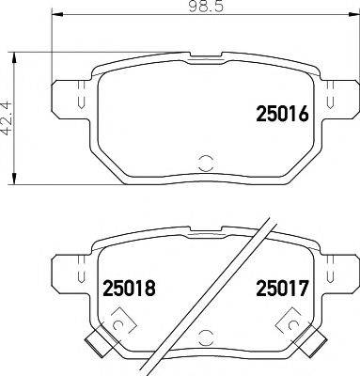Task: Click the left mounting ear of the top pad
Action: click(x=67, y=98)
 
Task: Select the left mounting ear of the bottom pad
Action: click(x=67, y=272)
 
